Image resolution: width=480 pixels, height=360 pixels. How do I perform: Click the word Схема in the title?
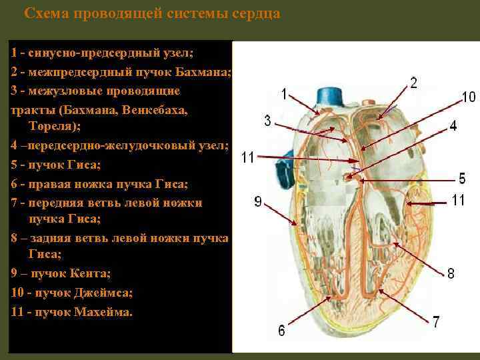pos(45,13)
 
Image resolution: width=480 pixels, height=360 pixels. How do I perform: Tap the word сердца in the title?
pos(253,13)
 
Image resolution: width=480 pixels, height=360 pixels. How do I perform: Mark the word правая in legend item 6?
pos(43,183)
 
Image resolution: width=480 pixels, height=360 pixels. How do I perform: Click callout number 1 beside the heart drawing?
pos(284,94)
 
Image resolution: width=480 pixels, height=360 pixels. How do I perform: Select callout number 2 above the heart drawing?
pos(413,82)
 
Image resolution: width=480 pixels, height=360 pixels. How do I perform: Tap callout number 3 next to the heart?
pos(267,121)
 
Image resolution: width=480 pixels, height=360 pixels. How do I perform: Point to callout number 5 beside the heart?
pos(462,178)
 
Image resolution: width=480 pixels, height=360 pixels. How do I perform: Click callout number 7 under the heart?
pos(436,322)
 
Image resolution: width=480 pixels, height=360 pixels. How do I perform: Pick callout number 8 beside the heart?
pos(451,273)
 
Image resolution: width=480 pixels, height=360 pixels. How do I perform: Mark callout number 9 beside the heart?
pos(258,202)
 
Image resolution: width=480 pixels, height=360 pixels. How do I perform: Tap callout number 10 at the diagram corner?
pos(469,97)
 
